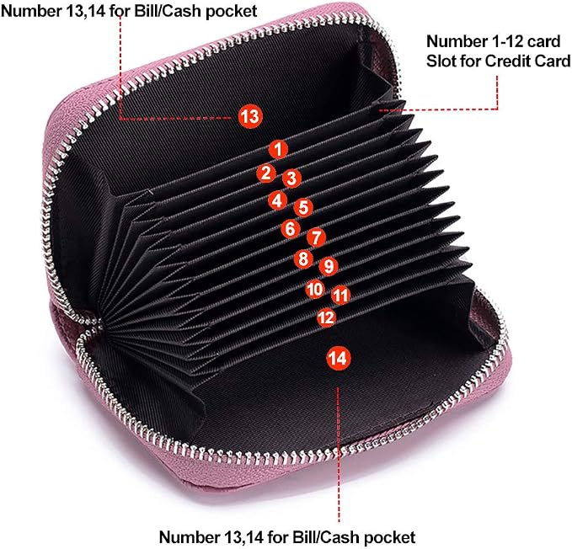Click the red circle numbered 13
[x=250, y=117]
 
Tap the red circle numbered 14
[x=338, y=359]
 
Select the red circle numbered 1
[x=278, y=150]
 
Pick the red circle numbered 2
[x=266, y=173]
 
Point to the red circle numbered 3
[x=291, y=179]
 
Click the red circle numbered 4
[x=278, y=200]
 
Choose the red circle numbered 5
[x=303, y=207]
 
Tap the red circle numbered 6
[x=291, y=229]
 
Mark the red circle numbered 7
[x=316, y=237]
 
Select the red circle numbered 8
[x=303, y=259]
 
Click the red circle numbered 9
[x=329, y=266]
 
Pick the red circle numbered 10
[x=315, y=289]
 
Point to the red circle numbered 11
[x=341, y=295]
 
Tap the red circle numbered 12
[x=326, y=317]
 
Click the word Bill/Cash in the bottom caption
[x=327, y=537]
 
